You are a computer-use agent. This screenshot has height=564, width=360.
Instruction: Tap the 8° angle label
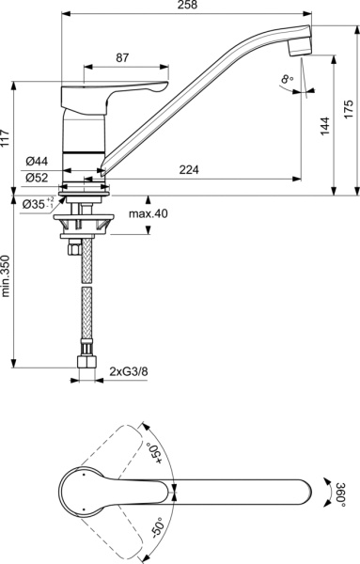[286, 81]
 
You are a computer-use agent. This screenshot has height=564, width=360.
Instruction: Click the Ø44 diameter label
[39, 160]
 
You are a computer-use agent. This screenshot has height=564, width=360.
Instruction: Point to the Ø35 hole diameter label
[35, 203]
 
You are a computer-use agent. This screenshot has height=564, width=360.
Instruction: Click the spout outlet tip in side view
[300, 41]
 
